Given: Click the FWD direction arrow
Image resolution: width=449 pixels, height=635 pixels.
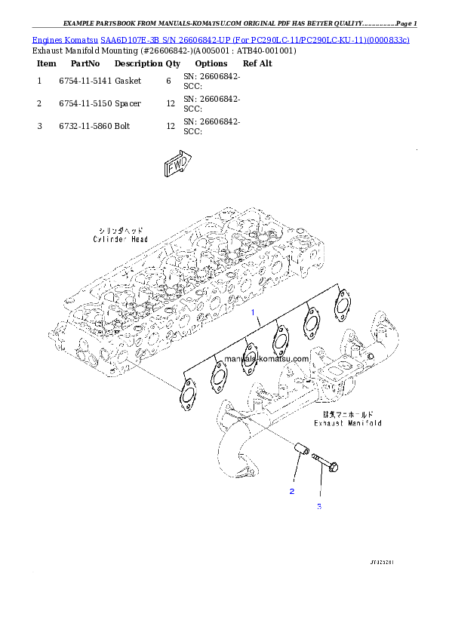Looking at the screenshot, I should pyautogui.click(x=178, y=165).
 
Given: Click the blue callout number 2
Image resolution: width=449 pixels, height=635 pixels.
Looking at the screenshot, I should pyautogui.click(x=291, y=491).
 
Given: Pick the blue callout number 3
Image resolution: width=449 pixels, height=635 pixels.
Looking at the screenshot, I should pyautogui.click(x=318, y=506).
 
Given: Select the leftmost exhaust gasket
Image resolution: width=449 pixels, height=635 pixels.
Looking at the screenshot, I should pyautogui.click(x=186, y=392).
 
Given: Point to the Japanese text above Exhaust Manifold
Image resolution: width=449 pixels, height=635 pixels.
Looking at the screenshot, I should pyautogui.click(x=348, y=414).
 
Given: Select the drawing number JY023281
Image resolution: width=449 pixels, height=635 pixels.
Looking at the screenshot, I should pyautogui.click(x=383, y=562).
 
